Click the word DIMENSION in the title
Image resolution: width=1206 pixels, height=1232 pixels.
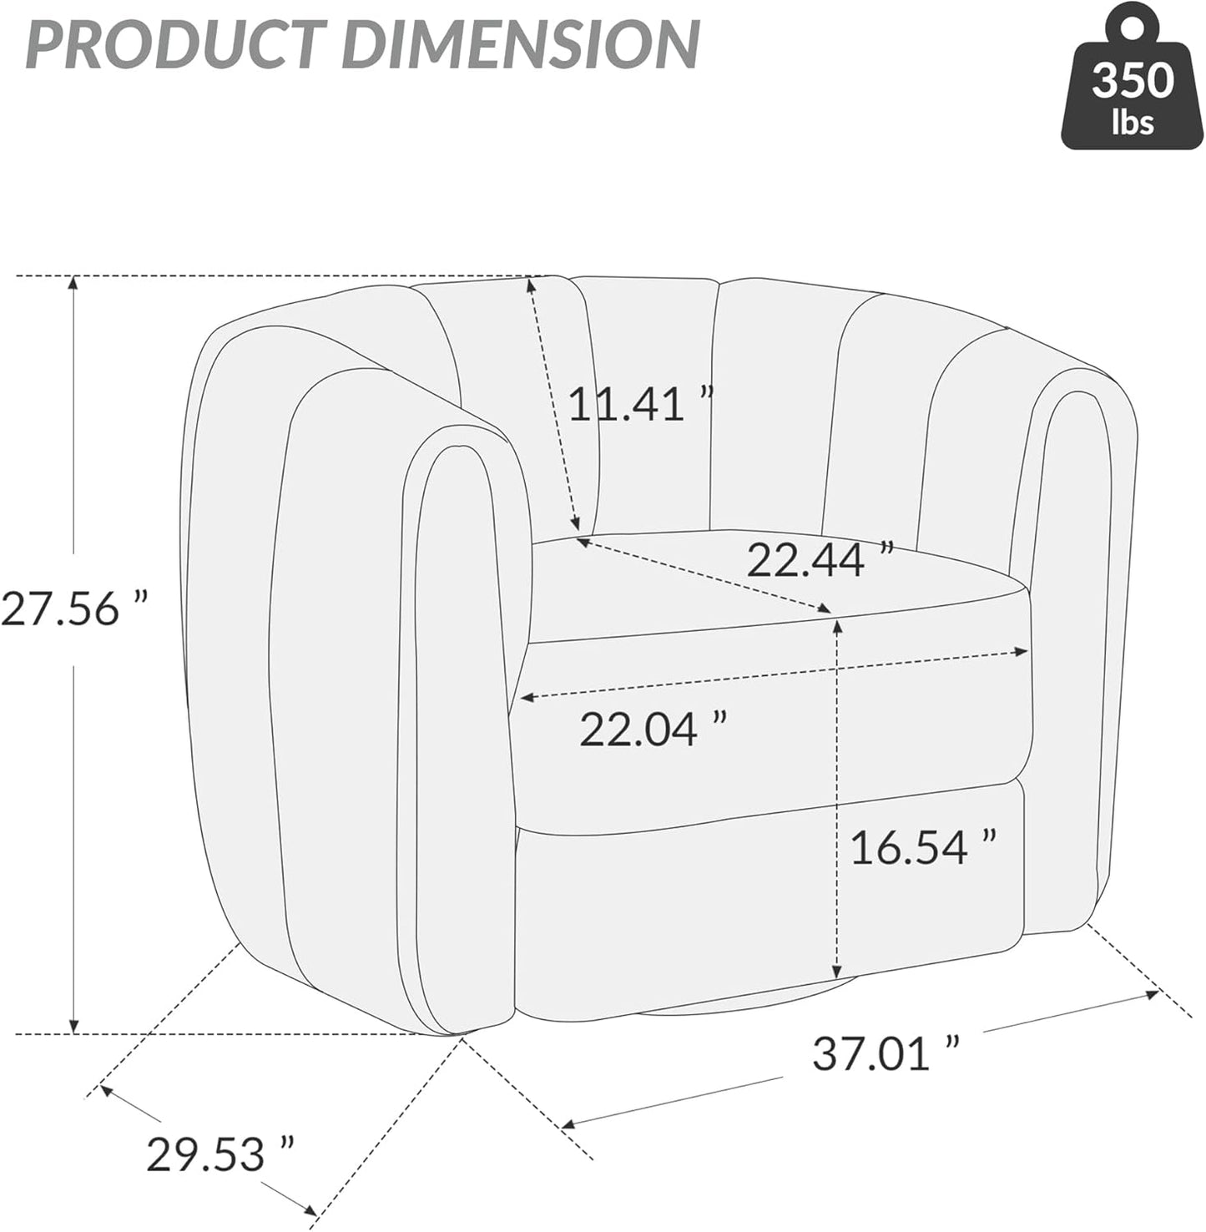[x=522, y=43]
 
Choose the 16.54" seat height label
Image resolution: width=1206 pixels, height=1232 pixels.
[x=923, y=846]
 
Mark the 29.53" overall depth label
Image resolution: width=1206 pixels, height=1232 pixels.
[x=220, y=1154]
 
